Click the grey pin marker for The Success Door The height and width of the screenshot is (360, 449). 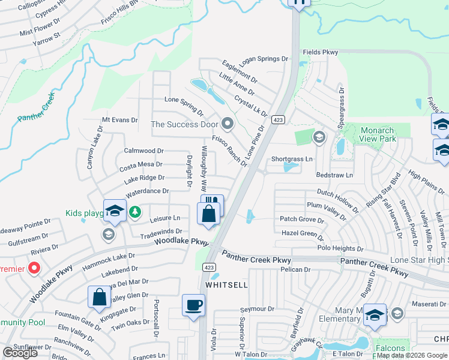click(227, 124)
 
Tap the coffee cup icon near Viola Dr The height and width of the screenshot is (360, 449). click(193, 305)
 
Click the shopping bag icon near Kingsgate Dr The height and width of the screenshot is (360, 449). click(99, 297)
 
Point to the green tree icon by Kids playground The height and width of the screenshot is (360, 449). click(136, 211)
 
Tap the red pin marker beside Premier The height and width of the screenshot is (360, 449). click(34, 268)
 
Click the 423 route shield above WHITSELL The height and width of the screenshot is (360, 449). click(209, 267)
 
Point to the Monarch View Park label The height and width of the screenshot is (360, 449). click(378, 134)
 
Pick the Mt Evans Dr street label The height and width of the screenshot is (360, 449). click(120, 120)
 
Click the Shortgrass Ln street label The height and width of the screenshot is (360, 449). click(292, 159)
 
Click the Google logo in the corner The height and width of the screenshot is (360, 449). click(20, 352)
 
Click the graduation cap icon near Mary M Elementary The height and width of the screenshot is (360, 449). click(375, 314)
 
